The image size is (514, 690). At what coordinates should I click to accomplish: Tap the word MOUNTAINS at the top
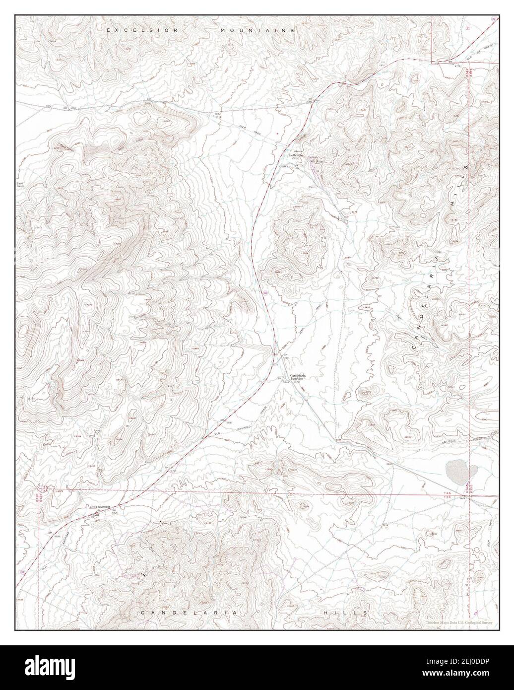(257, 30)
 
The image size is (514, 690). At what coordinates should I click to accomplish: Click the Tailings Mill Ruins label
(316, 159)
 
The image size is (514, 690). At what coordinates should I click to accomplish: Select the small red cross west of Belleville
(277, 134)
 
